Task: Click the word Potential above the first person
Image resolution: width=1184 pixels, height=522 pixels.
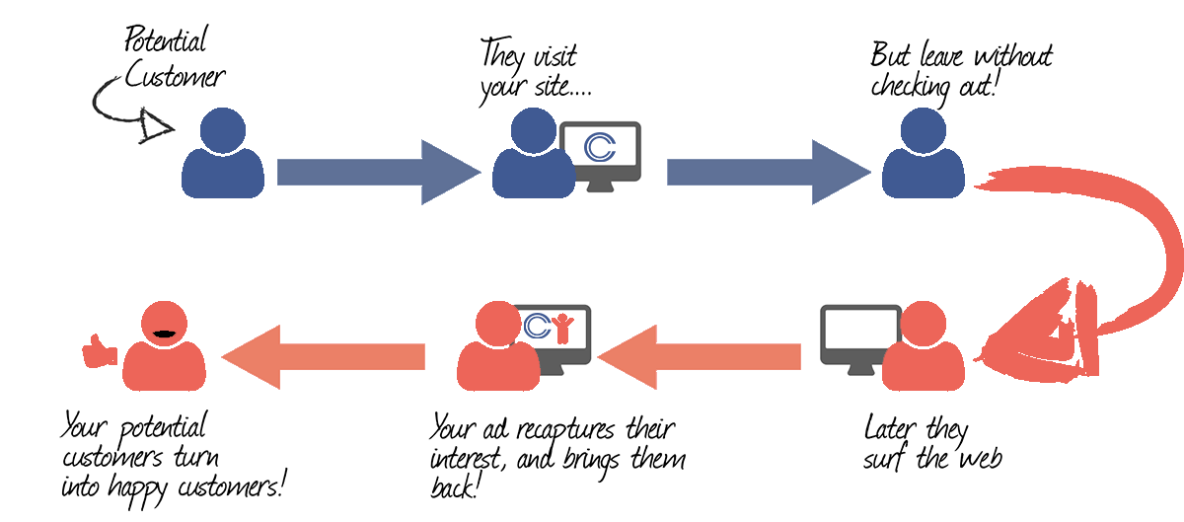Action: (166, 39)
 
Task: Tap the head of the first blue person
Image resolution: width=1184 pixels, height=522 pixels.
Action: (223, 131)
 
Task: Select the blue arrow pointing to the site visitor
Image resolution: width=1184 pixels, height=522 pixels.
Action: (379, 173)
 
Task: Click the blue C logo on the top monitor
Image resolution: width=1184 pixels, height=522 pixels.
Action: (600, 146)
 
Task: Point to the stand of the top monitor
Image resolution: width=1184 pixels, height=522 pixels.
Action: (601, 186)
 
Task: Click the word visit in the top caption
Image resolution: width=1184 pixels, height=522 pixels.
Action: (555, 56)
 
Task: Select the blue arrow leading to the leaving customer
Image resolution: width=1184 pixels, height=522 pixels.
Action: (769, 173)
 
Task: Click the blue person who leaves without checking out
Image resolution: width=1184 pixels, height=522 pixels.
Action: (924, 153)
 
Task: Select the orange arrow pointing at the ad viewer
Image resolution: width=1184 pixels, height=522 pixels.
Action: (699, 357)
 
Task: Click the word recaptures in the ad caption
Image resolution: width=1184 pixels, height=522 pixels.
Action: (565, 430)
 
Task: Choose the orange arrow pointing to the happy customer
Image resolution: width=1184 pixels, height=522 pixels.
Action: (323, 357)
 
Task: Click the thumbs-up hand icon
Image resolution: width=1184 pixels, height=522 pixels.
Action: (100, 350)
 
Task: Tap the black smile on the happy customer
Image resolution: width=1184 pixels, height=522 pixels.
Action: (164, 334)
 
